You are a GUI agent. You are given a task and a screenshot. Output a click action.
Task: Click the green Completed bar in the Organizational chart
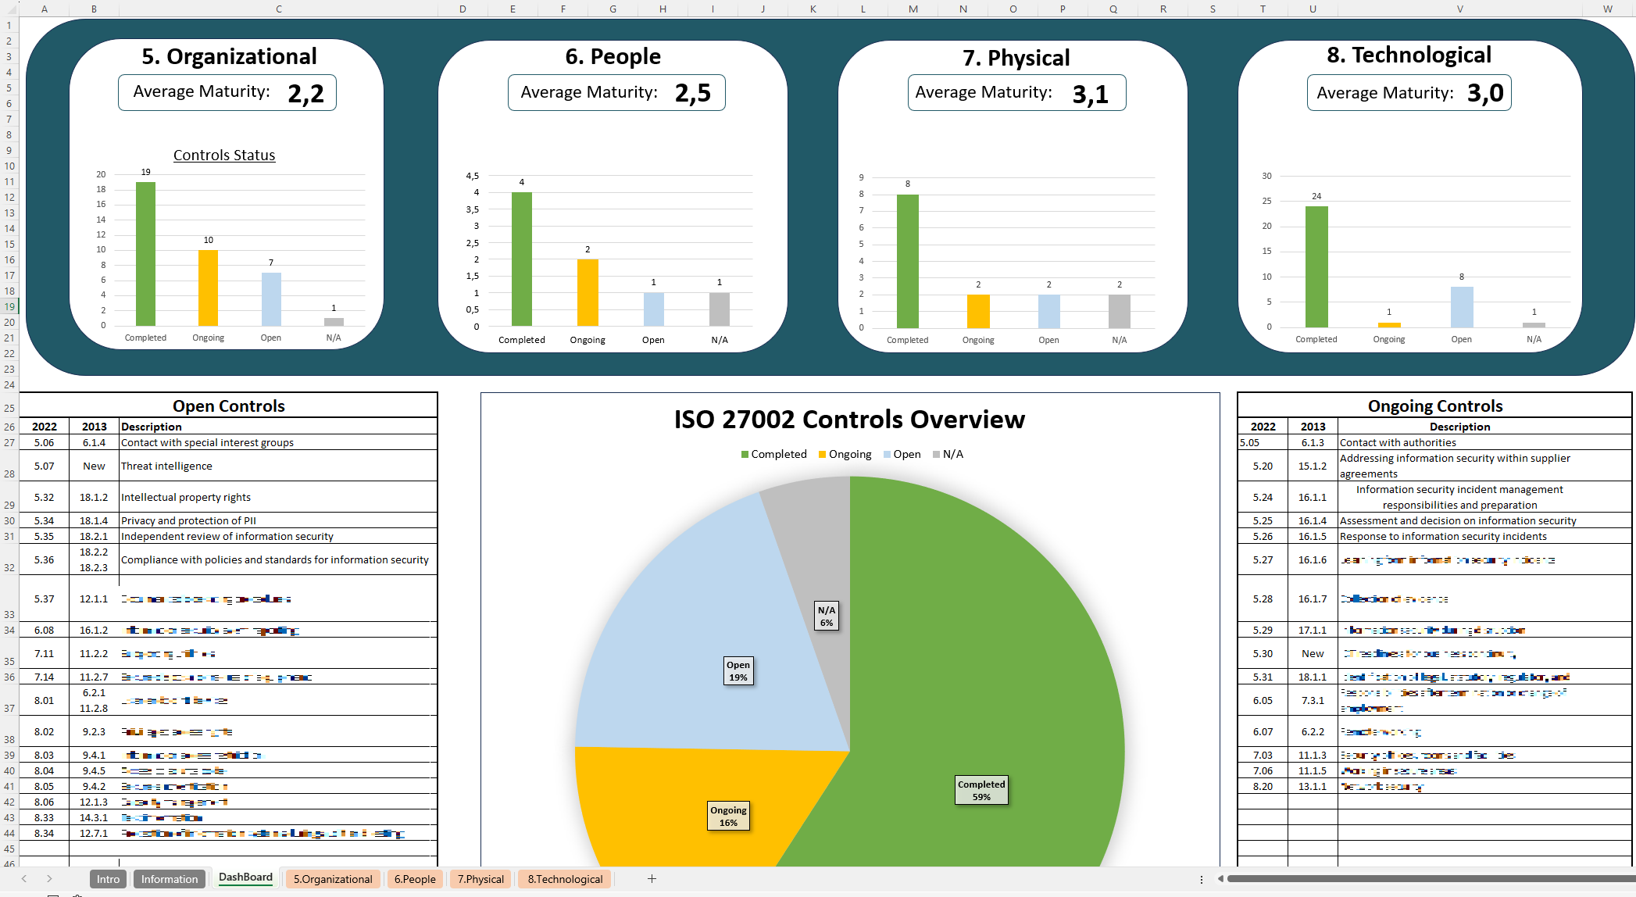[145, 254]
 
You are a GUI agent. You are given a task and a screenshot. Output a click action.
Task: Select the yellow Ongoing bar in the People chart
[588, 292]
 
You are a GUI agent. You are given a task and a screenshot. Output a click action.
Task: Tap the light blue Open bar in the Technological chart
[1461, 307]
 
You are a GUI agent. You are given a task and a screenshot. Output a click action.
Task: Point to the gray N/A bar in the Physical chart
[1119, 311]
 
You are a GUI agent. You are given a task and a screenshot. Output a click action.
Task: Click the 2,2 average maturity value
[305, 94]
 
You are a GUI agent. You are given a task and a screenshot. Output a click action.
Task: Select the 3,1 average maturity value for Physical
[1090, 95]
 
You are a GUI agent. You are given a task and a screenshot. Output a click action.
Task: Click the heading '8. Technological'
[1409, 55]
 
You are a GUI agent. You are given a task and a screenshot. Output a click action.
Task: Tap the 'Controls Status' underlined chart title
[224, 155]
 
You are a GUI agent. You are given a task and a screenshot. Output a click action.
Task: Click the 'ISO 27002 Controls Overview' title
[849, 420]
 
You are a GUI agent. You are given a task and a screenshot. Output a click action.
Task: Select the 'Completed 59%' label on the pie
[981, 790]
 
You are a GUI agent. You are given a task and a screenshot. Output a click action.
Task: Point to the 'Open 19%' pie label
[738, 670]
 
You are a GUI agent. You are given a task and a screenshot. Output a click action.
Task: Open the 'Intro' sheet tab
[108, 879]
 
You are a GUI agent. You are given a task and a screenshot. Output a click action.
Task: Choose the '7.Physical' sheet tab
[480, 879]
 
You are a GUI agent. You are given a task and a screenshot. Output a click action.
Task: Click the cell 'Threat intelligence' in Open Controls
[166, 466]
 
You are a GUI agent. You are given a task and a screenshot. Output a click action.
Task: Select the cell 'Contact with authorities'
[1398, 442]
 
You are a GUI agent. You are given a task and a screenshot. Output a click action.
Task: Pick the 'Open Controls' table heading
[228, 406]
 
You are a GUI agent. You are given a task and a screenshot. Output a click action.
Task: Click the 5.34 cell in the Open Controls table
[44, 520]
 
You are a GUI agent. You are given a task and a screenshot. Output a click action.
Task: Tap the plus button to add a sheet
[652, 879]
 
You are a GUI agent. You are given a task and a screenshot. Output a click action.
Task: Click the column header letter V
[1459, 9]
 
